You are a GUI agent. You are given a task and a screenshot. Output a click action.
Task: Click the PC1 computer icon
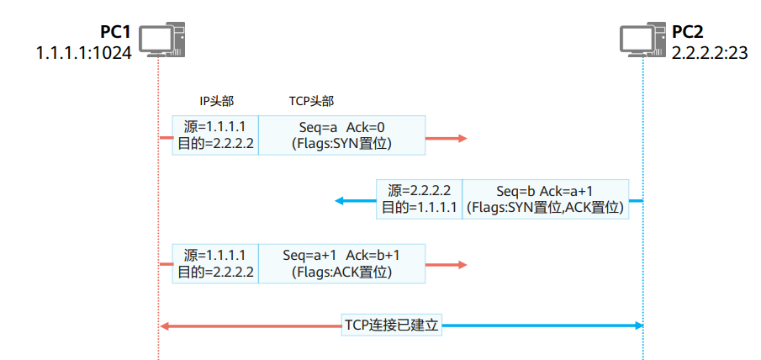click(161, 40)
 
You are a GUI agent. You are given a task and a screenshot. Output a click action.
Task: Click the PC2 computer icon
click(642, 40)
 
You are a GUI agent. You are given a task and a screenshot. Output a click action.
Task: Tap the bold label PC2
click(687, 34)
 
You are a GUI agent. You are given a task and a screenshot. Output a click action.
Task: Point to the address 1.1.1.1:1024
click(83, 53)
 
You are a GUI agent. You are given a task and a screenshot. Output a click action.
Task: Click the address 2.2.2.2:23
click(710, 53)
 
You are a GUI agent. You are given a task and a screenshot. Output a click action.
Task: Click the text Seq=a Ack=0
click(341, 127)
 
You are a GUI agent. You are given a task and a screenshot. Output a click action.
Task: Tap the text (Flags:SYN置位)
click(341, 144)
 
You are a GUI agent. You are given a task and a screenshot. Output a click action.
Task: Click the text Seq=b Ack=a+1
click(544, 191)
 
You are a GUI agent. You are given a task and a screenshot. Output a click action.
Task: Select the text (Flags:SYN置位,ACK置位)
click(546, 208)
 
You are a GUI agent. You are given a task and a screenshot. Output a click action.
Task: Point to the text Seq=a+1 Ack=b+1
click(341, 255)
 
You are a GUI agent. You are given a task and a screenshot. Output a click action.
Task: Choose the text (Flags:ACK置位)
click(341, 273)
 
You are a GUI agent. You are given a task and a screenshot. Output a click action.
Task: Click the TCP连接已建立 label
click(392, 325)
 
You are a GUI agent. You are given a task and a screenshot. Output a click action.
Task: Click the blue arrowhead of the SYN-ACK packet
click(340, 200)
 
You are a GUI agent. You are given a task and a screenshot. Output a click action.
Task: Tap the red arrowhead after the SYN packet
click(460, 136)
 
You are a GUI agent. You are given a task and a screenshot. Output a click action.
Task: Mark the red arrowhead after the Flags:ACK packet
click(460, 264)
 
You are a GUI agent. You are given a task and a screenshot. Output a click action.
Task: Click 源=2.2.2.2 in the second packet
click(420, 191)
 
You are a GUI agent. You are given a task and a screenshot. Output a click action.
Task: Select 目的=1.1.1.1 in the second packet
click(420, 208)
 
